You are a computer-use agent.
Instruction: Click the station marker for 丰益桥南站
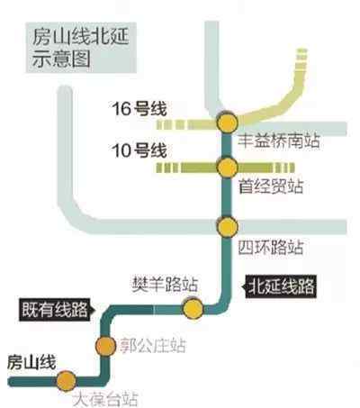(228, 122)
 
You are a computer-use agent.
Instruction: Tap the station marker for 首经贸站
(228, 168)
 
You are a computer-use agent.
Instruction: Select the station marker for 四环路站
(228, 227)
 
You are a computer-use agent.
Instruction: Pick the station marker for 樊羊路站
(193, 309)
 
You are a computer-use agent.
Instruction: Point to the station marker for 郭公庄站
(105, 346)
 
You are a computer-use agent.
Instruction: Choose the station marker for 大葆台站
(67, 381)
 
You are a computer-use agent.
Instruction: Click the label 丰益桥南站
(279, 141)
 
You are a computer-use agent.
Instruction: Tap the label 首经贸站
(271, 186)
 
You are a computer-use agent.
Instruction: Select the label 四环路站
(271, 247)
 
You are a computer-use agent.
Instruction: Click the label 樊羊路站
(165, 284)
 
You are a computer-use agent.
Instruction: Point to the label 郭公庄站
(153, 345)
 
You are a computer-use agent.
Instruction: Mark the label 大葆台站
(105, 399)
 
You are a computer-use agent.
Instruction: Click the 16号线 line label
(139, 109)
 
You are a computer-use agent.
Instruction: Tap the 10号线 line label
(139, 150)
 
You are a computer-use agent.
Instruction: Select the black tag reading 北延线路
(281, 286)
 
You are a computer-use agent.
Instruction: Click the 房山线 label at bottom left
(31, 362)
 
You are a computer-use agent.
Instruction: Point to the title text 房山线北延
(80, 37)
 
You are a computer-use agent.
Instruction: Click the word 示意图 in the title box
(61, 59)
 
